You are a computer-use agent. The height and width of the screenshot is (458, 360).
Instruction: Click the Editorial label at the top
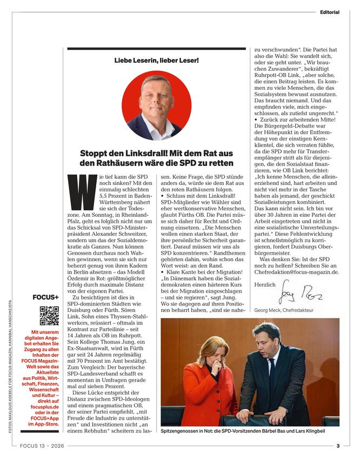(329, 12)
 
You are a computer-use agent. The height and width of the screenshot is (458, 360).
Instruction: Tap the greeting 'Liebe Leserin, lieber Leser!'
(156, 61)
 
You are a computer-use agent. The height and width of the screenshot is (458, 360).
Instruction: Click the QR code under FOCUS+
(49, 316)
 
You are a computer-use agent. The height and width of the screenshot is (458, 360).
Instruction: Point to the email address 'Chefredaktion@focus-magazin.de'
(297, 273)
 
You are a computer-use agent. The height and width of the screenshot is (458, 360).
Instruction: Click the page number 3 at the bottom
(337, 446)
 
